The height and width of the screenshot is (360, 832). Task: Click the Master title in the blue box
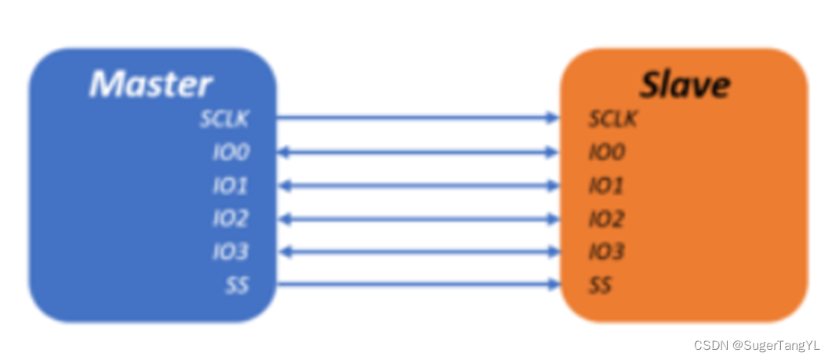(x=151, y=84)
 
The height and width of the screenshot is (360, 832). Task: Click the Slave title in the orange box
(x=684, y=84)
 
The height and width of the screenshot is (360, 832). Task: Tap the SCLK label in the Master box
(x=223, y=119)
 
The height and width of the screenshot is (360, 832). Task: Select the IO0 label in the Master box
(x=231, y=152)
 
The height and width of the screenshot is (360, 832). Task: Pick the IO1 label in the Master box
(x=231, y=186)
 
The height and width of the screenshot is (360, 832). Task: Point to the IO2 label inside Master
(x=231, y=219)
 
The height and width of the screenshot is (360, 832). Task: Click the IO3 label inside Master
(x=231, y=252)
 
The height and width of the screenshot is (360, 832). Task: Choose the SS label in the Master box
(x=237, y=285)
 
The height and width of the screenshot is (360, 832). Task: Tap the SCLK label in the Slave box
(x=613, y=119)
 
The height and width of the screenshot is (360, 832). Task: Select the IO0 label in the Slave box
(x=606, y=152)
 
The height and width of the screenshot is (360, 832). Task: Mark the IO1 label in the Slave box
(x=606, y=186)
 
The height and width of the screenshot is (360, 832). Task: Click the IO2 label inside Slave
(x=606, y=219)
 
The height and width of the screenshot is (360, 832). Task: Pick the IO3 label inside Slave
(x=606, y=252)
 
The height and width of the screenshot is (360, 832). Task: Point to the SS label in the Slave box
(x=600, y=285)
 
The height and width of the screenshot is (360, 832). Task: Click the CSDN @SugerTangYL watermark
(x=756, y=345)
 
